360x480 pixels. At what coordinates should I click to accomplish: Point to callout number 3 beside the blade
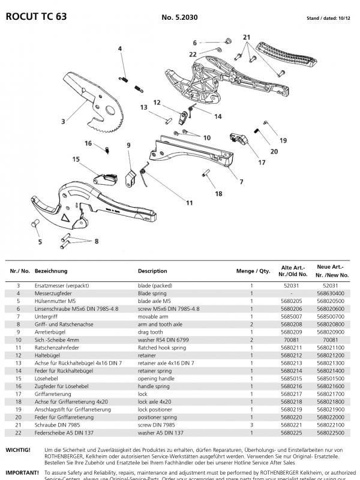pyautogui.click(x=62, y=122)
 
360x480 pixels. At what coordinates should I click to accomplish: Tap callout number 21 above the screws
pyautogui.click(x=245, y=37)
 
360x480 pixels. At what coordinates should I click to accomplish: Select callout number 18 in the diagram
pyautogui.click(x=219, y=194)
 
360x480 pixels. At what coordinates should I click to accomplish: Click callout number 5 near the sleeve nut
pyautogui.click(x=41, y=242)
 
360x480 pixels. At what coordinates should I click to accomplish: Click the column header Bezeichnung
pyautogui.click(x=51, y=271)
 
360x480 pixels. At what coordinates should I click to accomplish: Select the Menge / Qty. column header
pyautogui.click(x=253, y=271)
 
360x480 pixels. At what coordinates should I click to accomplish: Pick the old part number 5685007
pyautogui.click(x=291, y=314)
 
